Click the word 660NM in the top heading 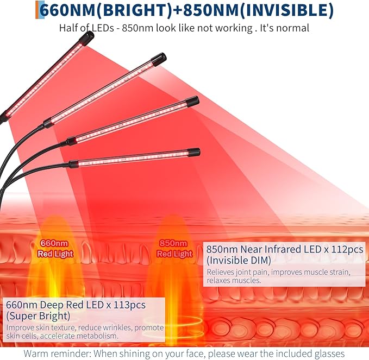click(67, 10)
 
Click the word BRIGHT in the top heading click(135, 10)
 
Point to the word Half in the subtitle click(68, 28)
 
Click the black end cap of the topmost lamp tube click(88, 37)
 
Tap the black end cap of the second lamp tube click(159, 59)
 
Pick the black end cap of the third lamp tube click(192, 101)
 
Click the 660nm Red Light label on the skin click(55, 249)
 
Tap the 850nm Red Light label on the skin click(174, 249)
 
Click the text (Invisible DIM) click(239, 261)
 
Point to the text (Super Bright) click(38, 316)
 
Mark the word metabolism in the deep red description click(97, 336)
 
